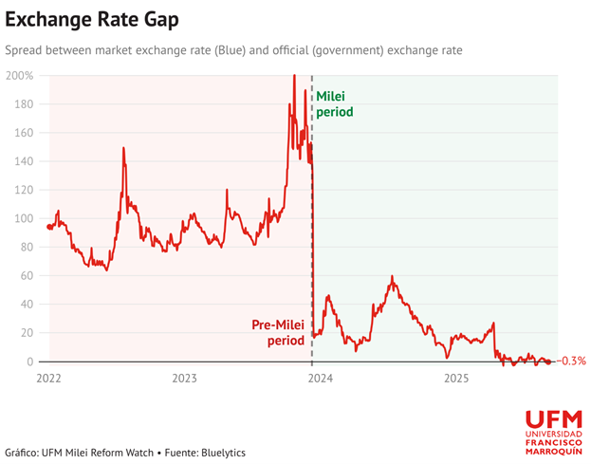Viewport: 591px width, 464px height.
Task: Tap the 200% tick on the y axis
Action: [20, 76]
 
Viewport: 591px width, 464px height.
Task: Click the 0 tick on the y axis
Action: [30, 362]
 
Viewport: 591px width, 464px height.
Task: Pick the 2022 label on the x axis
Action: [48, 378]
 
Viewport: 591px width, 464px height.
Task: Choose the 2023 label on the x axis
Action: [184, 378]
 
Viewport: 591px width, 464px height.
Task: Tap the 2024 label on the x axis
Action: [321, 378]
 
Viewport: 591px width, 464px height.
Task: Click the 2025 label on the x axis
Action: [456, 378]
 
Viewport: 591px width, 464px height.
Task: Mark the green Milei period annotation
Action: [334, 104]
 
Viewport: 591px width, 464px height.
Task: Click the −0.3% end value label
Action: [572, 362]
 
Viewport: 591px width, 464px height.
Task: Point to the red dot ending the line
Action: [548, 362]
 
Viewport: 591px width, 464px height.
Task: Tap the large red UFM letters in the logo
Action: [553, 418]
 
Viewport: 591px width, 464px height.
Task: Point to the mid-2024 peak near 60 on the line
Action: [392, 277]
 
